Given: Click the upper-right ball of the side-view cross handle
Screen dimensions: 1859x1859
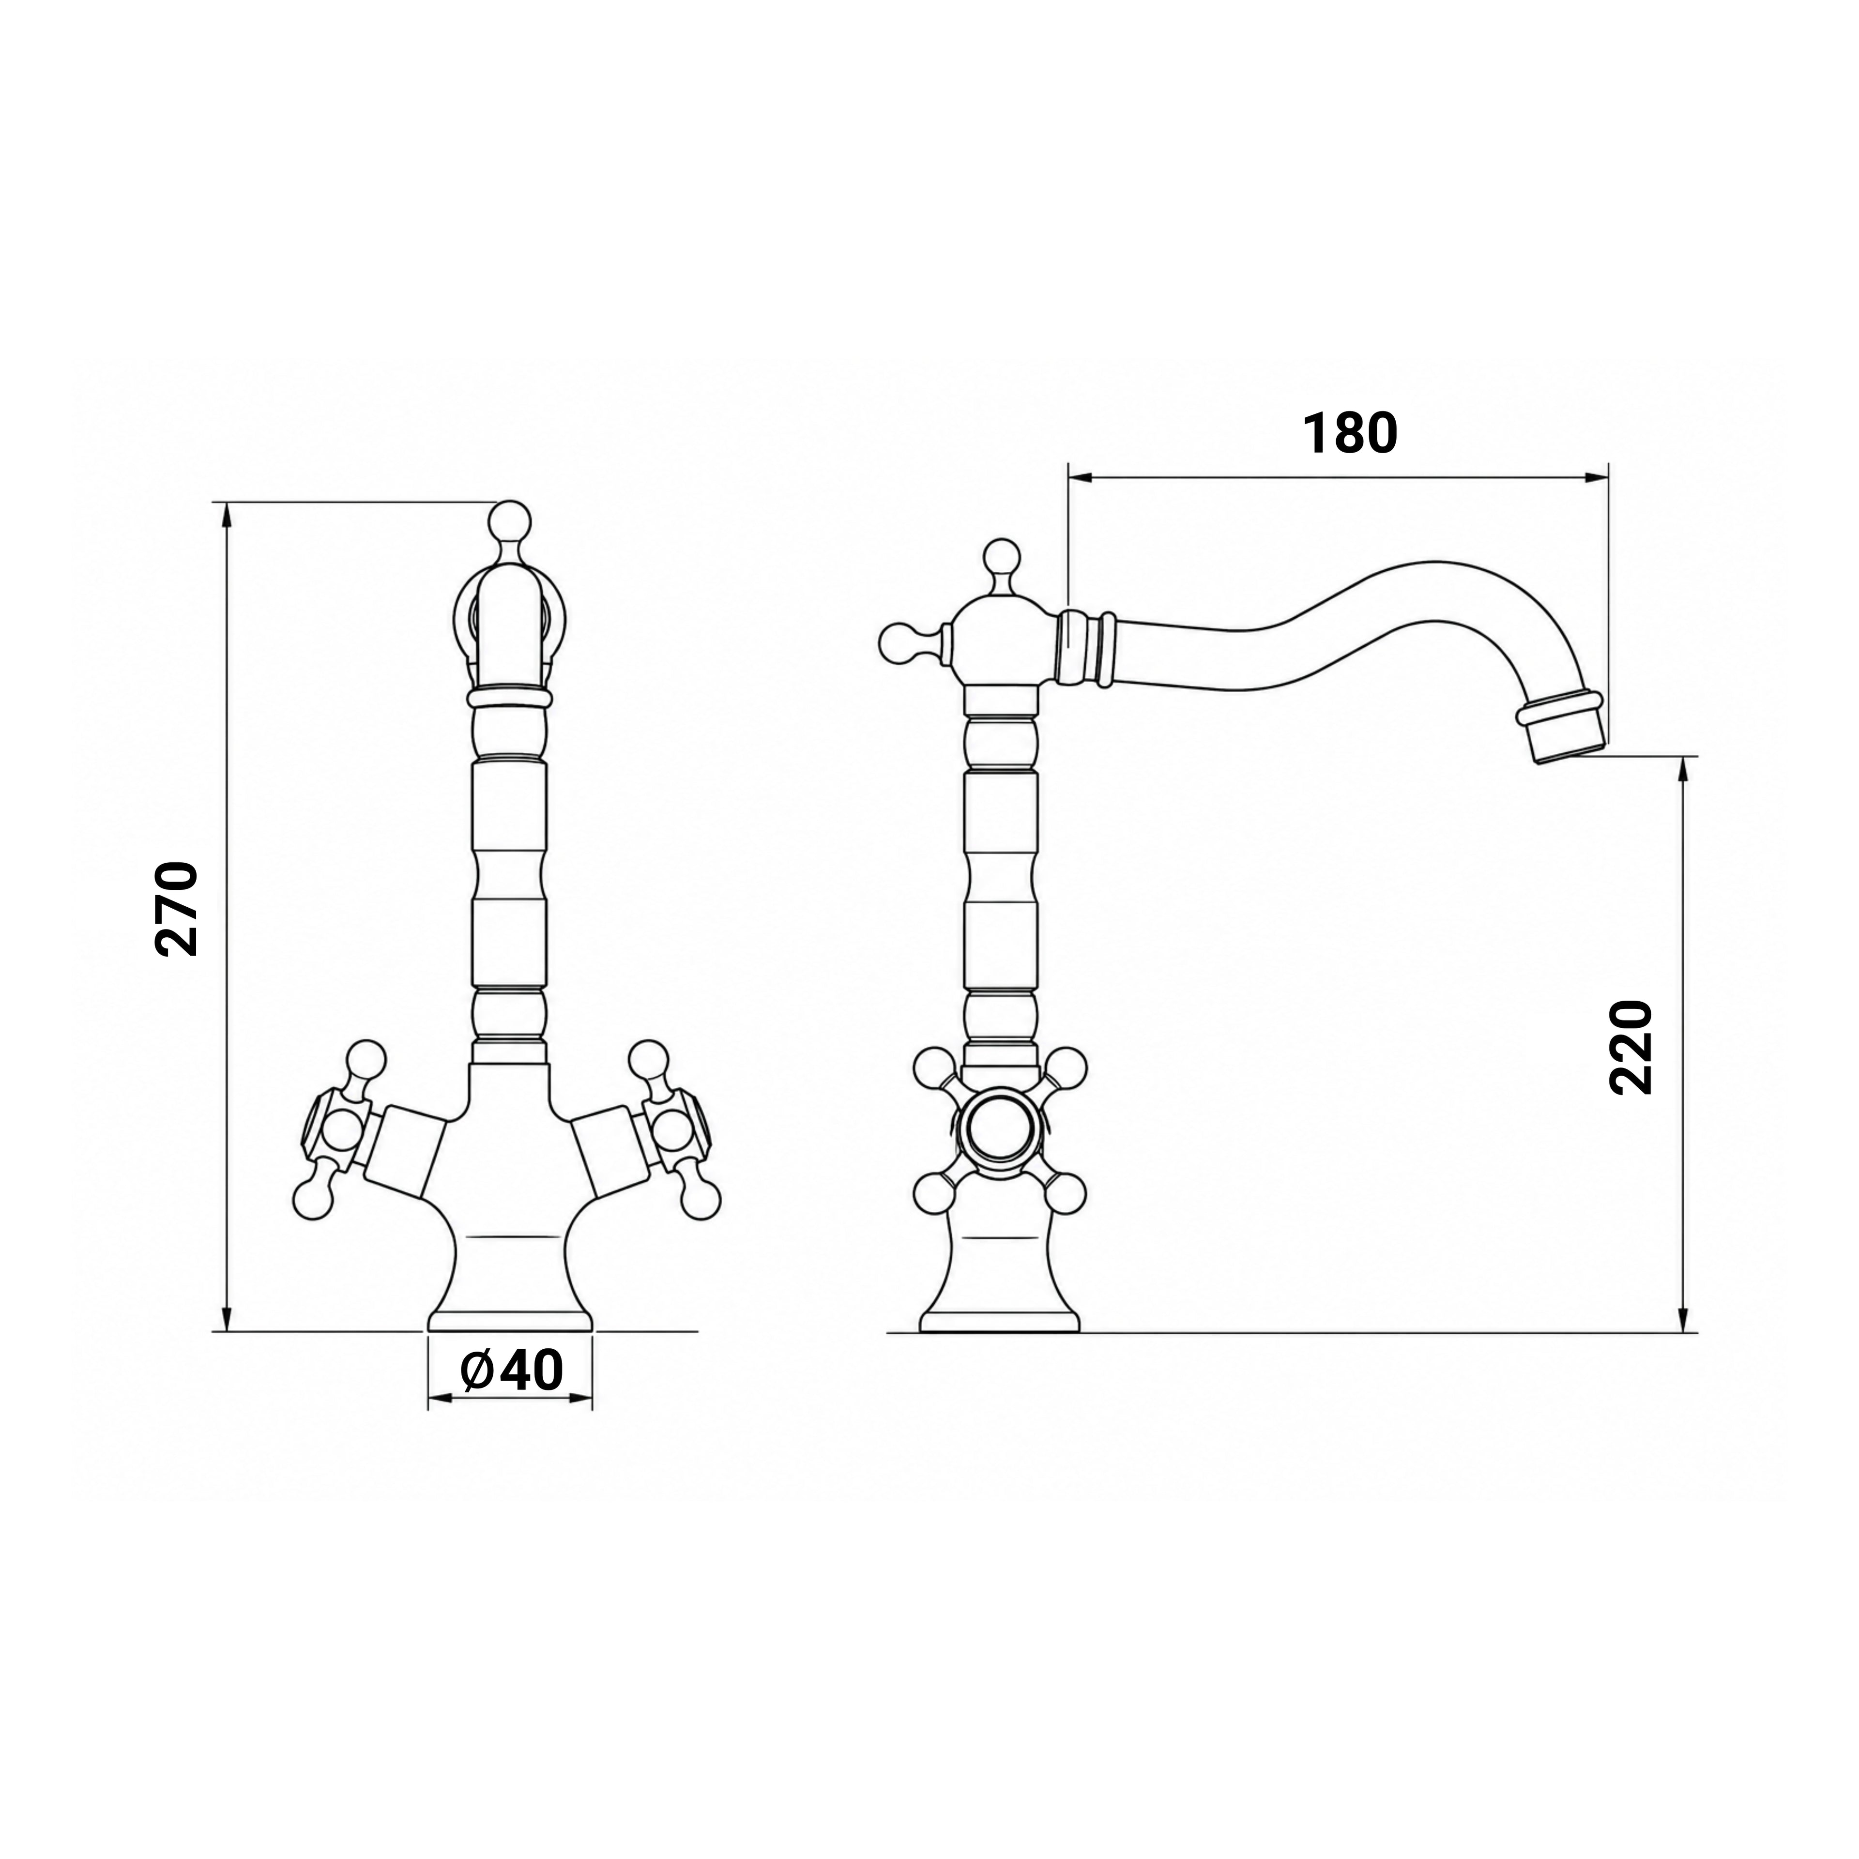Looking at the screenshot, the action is point(1066,1066).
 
